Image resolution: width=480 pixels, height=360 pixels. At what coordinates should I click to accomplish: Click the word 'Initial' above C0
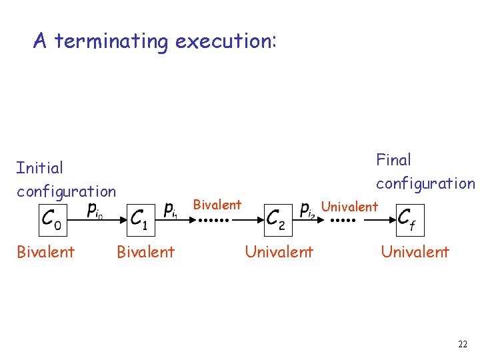pos(40,168)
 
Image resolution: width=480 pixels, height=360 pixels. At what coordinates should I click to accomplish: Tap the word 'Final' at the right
pos(393,160)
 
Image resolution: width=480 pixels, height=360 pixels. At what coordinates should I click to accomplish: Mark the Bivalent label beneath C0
pos(45,252)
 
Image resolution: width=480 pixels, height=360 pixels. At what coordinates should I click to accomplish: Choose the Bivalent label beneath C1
pos(145,252)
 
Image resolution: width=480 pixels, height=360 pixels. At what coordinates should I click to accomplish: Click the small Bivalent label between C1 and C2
pos(217,205)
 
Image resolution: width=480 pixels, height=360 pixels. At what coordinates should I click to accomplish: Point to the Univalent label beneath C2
pos(279,252)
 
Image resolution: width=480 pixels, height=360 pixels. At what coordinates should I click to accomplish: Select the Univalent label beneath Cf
pos(415,252)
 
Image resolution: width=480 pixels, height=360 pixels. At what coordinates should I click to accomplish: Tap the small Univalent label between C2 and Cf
pos(349,207)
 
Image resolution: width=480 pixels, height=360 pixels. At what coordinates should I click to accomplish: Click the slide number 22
pos(462,344)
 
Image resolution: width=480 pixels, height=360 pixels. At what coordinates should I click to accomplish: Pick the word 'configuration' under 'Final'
pos(425,183)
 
